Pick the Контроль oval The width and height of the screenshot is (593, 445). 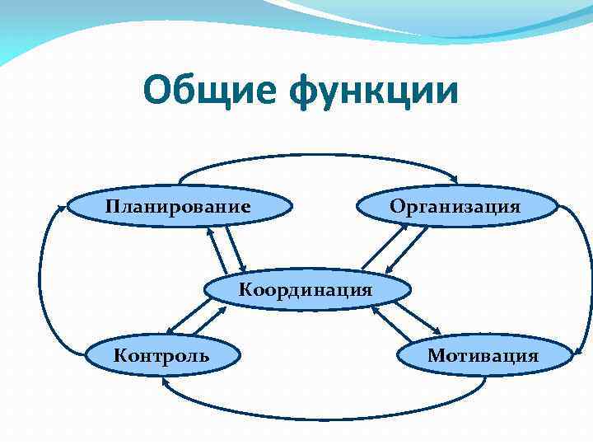click(x=161, y=355)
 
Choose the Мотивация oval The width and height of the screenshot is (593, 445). click(x=483, y=355)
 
